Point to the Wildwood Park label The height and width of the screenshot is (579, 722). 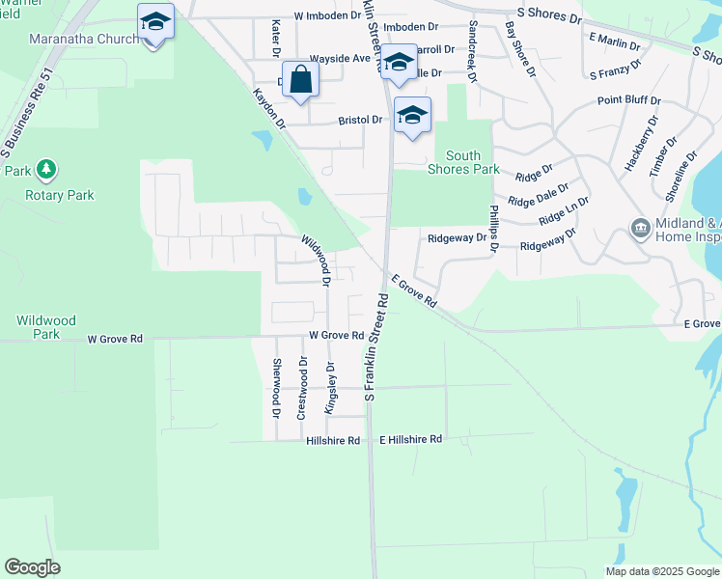click(x=39, y=327)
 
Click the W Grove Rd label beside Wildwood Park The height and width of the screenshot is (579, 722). click(x=115, y=340)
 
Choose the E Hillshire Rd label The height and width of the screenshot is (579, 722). click(x=410, y=439)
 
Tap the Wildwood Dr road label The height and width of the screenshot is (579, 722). click(x=317, y=261)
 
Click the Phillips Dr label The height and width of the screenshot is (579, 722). click(x=494, y=229)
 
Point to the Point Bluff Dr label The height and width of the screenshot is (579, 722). click(x=628, y=100)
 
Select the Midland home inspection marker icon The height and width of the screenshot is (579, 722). click(x=639, y=229)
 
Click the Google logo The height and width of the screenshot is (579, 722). click(x=32, y=567)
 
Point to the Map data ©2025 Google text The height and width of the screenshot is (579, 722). click(x=662, y=571)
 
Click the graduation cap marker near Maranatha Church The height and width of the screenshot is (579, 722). click(x=154, y=21)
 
